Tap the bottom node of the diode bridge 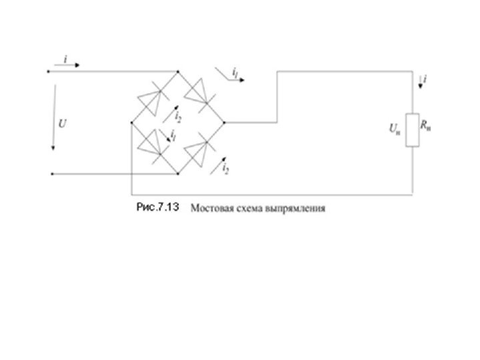click(178, 174)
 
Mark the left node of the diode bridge click(132, 123)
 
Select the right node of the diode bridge click(225, 123)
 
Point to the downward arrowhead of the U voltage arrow click(51, 148)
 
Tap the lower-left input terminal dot click(51, 174)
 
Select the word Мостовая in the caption click(211, 209)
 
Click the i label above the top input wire click(65, 59)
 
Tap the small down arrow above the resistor click(420, 81)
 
